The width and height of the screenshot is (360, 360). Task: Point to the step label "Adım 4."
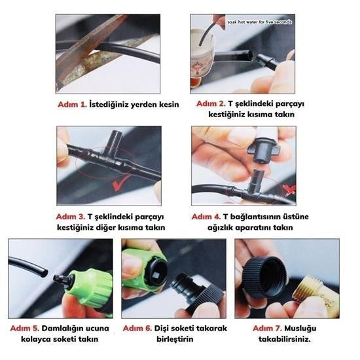pyautogui.click(x=206, y=217)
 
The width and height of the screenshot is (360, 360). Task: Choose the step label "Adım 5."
pyautogui.click(x=24, y=327)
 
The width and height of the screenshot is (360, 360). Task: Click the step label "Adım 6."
pyautogui.click(x=139, y=327)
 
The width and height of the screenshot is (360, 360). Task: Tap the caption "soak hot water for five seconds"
pyautogui.click(x=260, y=22)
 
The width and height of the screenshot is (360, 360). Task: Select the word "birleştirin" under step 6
pyautogui.click(x=173, y=339)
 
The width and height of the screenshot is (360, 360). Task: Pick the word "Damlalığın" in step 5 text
pyautogui.click(x=65, y=327)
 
